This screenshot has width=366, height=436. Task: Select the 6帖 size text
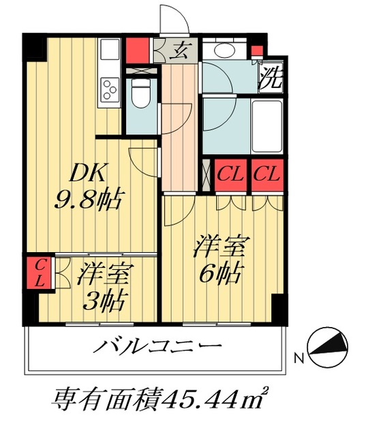(x=219, y=274)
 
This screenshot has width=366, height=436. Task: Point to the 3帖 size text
(x=103, y=300)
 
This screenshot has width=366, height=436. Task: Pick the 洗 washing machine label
(x=271, y=76)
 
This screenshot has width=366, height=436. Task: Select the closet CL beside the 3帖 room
(x=37, y=270)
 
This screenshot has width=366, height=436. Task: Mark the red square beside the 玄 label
(x=138, y=50)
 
